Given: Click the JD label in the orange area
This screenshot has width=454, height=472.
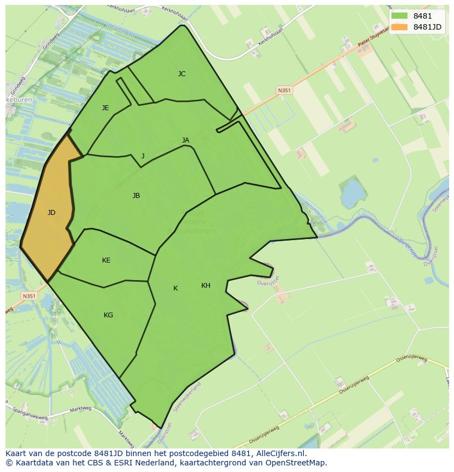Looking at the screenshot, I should tap(52, 213).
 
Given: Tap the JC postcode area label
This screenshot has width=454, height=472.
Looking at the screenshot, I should tap(181, 74).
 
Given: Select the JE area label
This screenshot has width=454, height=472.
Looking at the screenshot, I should tap(105, 108).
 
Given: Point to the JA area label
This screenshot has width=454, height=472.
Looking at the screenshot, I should tap(185, 140).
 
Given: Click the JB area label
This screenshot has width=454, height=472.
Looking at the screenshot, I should tap(136, 196).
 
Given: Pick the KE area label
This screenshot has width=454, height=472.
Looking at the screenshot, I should tap(106, 260).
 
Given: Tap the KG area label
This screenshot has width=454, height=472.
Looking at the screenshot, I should tap(108, 315).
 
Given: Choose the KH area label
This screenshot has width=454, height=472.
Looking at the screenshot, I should tap(206, 286).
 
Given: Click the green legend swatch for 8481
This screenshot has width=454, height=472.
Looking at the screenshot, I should tap(400, 16).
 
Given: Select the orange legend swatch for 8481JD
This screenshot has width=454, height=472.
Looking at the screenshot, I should tap(400, 27).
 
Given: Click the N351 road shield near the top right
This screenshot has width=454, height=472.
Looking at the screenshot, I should tap(283, 90).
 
